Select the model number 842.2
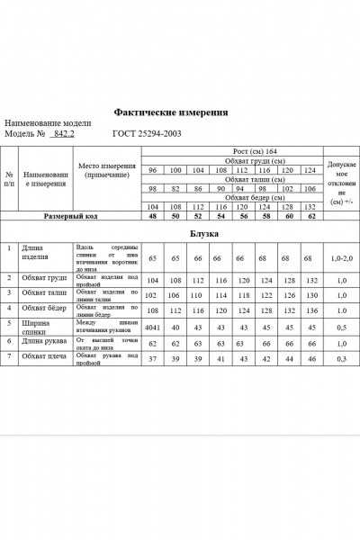tap(63, 134)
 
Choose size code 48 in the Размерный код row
tap(152, 217)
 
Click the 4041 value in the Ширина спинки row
tap(152, 327)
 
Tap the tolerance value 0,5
tap(341, 327)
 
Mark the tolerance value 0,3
tap(341, 359)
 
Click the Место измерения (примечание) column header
tap(106, 171)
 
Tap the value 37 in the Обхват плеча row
tap(152, 359)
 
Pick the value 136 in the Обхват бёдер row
tap(310, 309)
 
